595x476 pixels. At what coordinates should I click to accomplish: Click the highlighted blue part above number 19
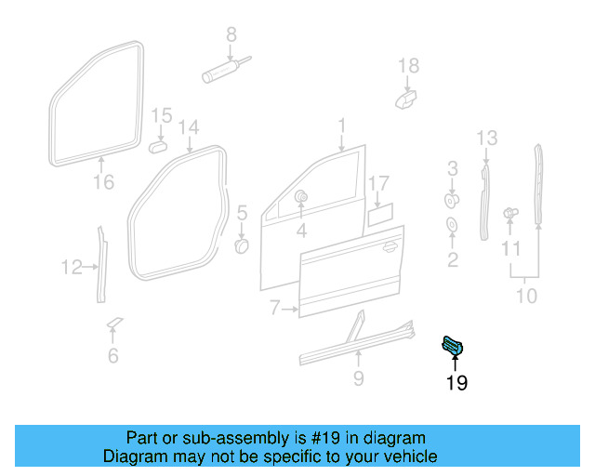[x=454, y=347]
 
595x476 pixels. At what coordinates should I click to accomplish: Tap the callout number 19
[x=456, y=382]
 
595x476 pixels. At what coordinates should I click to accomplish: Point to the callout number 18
[x=409, y=65]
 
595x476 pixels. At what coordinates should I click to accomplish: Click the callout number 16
[x=104, y=182]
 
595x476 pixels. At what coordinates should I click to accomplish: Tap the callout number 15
[x=162, y=116]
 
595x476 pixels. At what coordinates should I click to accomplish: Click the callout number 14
[x=189, y=126]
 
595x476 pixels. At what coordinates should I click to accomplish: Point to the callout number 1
[x=341, y=125]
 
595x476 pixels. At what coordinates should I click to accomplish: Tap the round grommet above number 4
[x=301, y=197]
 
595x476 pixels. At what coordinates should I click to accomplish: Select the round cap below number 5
[x=241, y=245]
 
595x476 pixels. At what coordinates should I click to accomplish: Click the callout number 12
[x=72, y=268]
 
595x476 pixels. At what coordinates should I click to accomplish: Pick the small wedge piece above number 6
[x=114, y=323]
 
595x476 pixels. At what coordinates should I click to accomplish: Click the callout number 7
[x=275, y=307]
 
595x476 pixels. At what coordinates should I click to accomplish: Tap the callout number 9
[x=359, y=378]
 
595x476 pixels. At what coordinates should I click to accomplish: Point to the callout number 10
[x=526, y=297]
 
